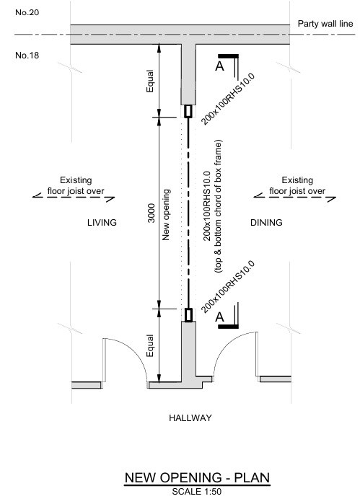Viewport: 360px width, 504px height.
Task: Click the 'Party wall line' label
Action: click(325, 24)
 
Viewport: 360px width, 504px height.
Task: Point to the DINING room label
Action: click(266, 223)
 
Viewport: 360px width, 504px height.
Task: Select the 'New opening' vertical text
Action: click(167, 213)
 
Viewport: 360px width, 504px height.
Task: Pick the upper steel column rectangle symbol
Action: click(188, 111)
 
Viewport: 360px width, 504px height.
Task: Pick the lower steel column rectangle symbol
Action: click(188, 314)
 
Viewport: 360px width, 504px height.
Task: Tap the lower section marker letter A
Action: click(220, 316)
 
